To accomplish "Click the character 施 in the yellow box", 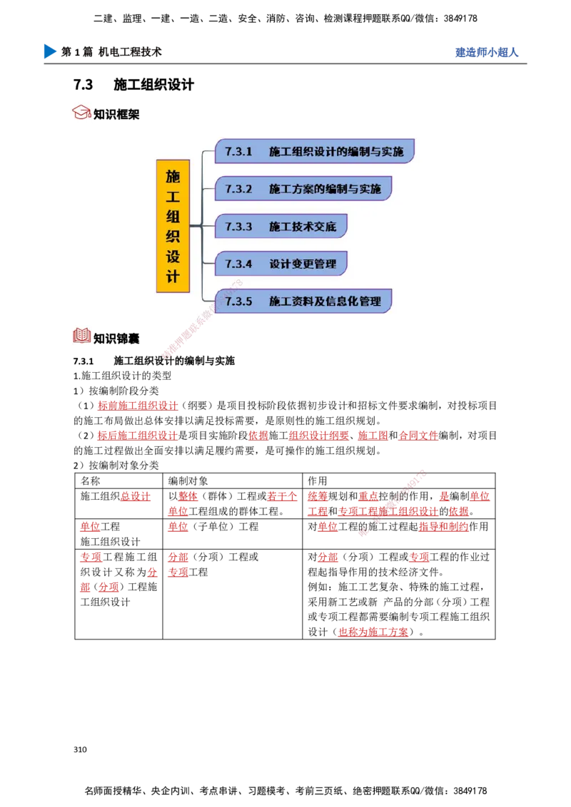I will pos(173,175).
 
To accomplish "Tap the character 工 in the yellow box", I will pos(173,195).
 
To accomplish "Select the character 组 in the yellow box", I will pos(173,215).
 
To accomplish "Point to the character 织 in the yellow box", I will pos(173,235).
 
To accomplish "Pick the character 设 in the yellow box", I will pos(173,255).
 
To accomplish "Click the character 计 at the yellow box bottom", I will pos(173,276).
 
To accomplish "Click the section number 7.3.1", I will pos(238,152).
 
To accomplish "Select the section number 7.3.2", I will pos(238,189).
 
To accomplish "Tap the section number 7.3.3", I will pos(238,227).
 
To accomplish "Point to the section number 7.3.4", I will pos(238,264).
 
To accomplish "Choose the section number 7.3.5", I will pos(238,302).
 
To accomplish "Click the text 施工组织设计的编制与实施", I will pos(336,152).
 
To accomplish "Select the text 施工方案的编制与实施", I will pos(325,189).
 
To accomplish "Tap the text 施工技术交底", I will pos(303,227).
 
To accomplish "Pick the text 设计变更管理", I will pos(303,264).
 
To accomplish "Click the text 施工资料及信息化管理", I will pos(325,302).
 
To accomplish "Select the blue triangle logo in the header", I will pos(49,51).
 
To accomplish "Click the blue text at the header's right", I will pos(486,53).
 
